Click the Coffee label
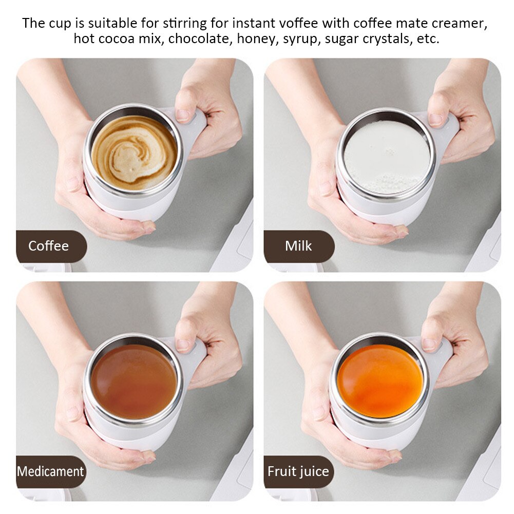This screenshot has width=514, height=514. click(48, 246)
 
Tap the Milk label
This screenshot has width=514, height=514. click(298, 246)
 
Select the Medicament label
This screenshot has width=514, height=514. click(50, 471)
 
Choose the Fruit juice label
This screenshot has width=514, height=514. click(298, 471)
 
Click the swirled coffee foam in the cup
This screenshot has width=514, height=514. click(135, 152)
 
